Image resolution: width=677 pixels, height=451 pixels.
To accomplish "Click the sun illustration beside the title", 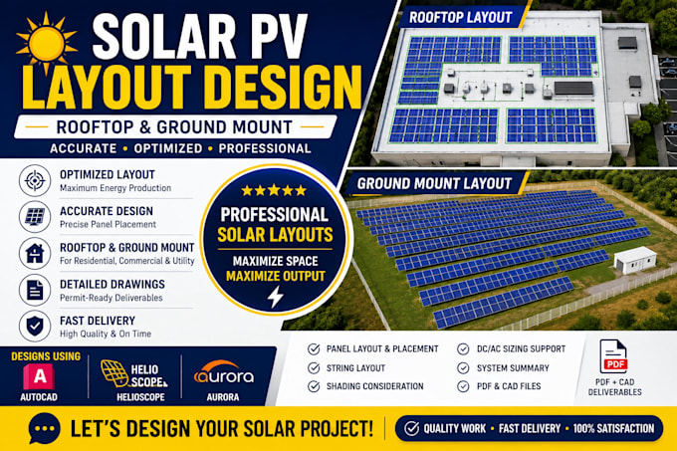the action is (46, 43).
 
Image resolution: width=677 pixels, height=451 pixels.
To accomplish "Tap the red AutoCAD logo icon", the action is (39, 376).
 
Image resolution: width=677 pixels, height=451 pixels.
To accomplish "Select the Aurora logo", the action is (224, 372).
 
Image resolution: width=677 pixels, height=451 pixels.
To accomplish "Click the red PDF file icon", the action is (613, 356).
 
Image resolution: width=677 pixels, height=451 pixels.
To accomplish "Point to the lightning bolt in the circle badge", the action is (275, 297).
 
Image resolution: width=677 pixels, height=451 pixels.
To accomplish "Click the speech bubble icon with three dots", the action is (44, 428).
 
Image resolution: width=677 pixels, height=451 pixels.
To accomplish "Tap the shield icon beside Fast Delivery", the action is (35, 327).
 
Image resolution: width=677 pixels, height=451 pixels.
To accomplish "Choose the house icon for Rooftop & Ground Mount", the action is (35, 253).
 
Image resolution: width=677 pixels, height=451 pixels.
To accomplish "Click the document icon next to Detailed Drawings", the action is (35, 290).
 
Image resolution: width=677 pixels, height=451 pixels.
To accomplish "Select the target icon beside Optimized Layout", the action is (35, 180).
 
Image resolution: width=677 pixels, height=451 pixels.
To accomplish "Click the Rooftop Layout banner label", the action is (460, 17).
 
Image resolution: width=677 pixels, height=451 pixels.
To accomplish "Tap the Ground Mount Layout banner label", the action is (434, 184).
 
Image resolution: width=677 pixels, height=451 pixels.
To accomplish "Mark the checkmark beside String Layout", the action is (314, 368).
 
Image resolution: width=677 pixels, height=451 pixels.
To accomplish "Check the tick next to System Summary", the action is (463, 368).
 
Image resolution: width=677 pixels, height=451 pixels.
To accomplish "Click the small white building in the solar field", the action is (635, 260).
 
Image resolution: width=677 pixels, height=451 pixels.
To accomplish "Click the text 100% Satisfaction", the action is (613, 428).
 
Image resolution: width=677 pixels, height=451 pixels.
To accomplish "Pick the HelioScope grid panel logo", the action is (114, 373).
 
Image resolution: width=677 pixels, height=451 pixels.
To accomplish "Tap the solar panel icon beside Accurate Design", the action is (35, 217).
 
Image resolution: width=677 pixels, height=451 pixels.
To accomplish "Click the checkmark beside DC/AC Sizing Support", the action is (463, 348).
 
